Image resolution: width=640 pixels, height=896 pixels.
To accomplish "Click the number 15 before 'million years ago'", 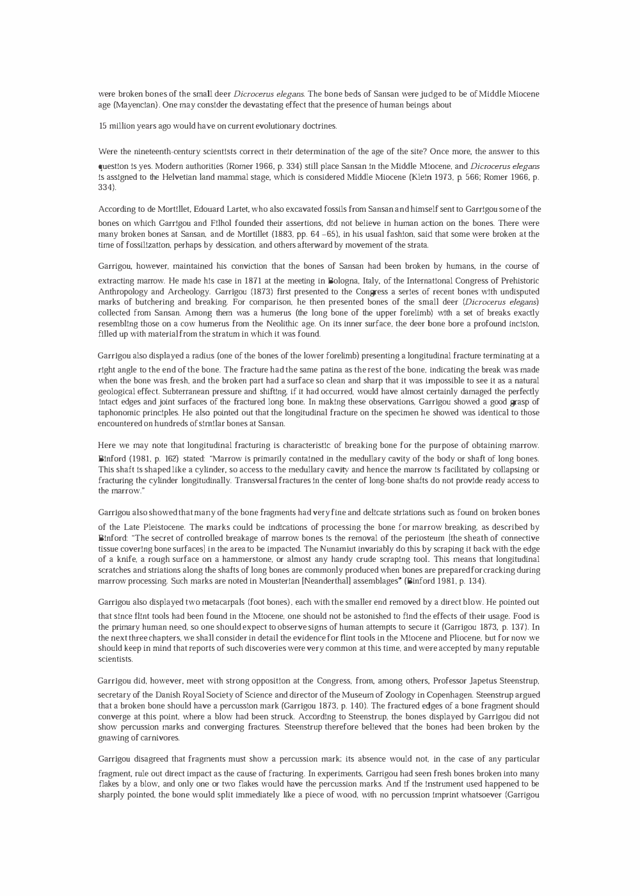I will point(103,126).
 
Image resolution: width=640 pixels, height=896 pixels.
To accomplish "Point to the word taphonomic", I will point(122,413).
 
